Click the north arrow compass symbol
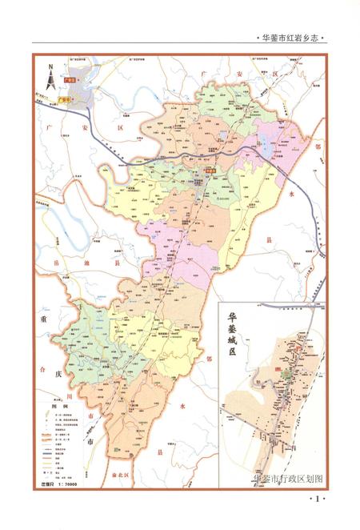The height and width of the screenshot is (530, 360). [x=50, y=77]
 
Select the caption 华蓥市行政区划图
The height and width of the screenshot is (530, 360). [x=286, y=479]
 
